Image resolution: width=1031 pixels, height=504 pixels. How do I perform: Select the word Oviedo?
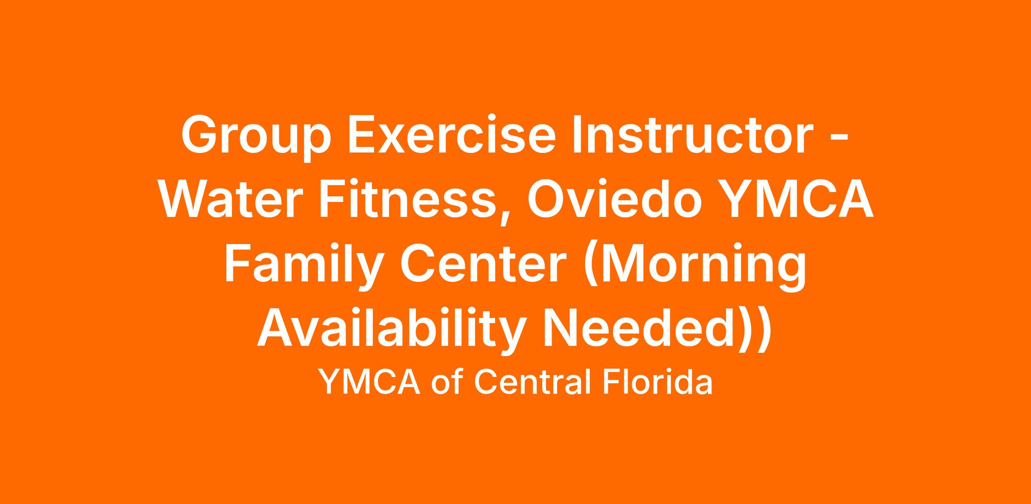(x=616, y=198)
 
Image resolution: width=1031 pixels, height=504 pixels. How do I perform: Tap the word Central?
(x=534, y=382)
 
